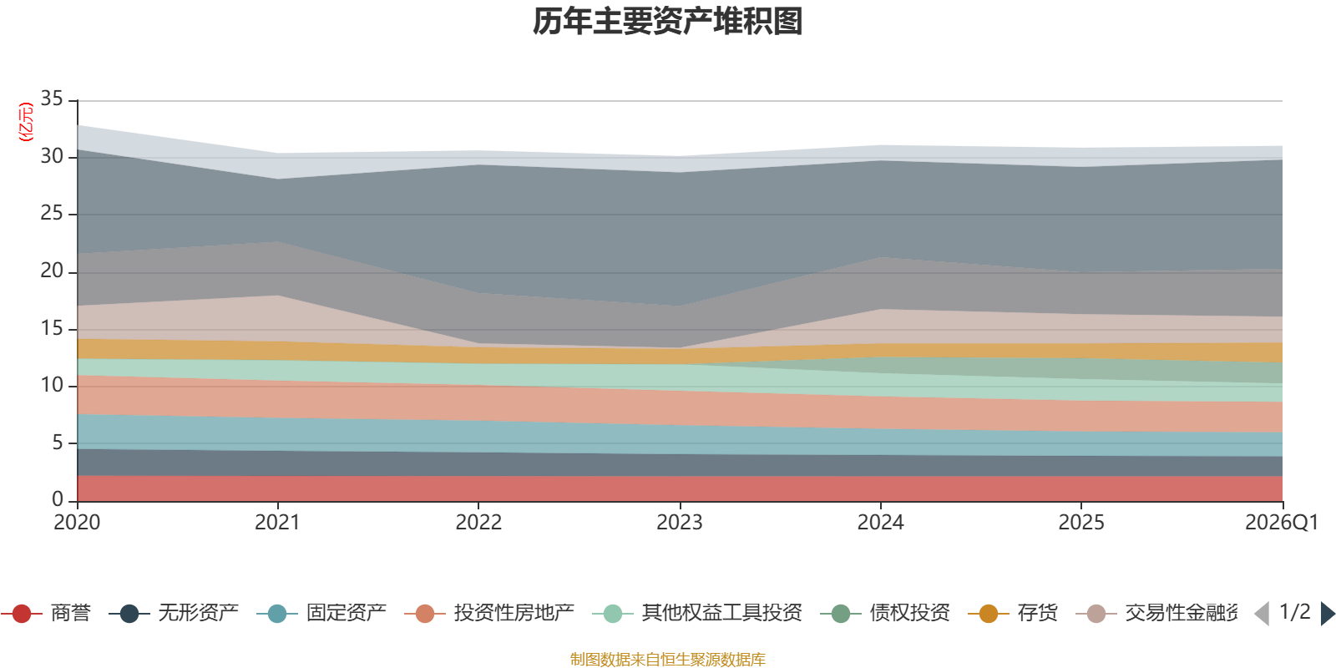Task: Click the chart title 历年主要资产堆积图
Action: [668, 22]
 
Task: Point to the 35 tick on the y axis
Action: [52, 99]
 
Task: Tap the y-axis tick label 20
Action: [52, 271]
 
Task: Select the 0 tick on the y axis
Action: [57, 499]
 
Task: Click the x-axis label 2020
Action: [77, 523]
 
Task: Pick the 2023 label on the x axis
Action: [679, 523]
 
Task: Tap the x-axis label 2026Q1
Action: [1281, 523]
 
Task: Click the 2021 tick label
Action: [277, 523]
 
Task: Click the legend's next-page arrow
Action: [1327, 614]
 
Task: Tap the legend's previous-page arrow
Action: [1262, 614]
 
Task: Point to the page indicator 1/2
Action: [1294, 612]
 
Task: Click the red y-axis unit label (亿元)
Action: [26, 122]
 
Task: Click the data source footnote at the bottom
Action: [667, 660]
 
